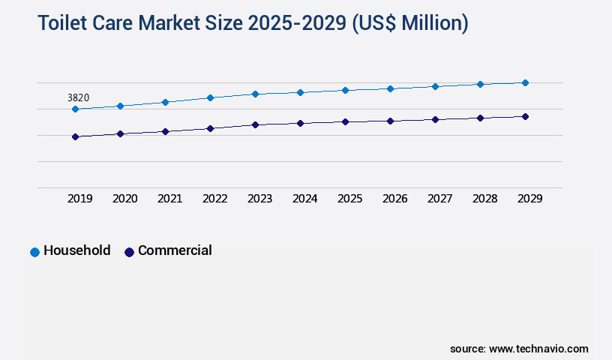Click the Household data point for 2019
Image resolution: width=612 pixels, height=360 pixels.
[75, 109]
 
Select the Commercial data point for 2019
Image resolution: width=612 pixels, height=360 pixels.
[75, 136]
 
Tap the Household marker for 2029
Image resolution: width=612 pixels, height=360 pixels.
[525, 82]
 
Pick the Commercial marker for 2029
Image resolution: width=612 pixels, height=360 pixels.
[525, 116]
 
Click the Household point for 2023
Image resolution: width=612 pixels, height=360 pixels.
[255, 94]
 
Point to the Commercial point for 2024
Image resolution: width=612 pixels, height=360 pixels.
[300, 123]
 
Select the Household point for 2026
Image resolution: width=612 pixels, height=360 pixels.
[390, 88]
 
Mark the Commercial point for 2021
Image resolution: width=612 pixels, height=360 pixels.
[165, 131]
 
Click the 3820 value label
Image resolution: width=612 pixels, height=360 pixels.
[79, 97]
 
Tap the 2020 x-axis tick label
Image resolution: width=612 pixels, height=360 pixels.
[124, 199]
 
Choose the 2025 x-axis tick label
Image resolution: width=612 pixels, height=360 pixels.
[349, 199]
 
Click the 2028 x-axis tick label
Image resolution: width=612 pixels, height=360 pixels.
[484, 199]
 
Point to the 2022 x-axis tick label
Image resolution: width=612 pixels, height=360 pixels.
[214, 199]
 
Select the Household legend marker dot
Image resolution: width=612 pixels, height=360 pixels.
[34, 252]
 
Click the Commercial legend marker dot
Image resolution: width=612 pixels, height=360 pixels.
[129, 252]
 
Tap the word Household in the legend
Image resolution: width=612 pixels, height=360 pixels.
[76, 250]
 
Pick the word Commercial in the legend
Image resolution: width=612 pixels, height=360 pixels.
[175, 250]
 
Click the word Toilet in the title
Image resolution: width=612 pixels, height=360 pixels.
[63, 24]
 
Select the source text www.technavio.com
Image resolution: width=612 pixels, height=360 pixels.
[538, 349]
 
